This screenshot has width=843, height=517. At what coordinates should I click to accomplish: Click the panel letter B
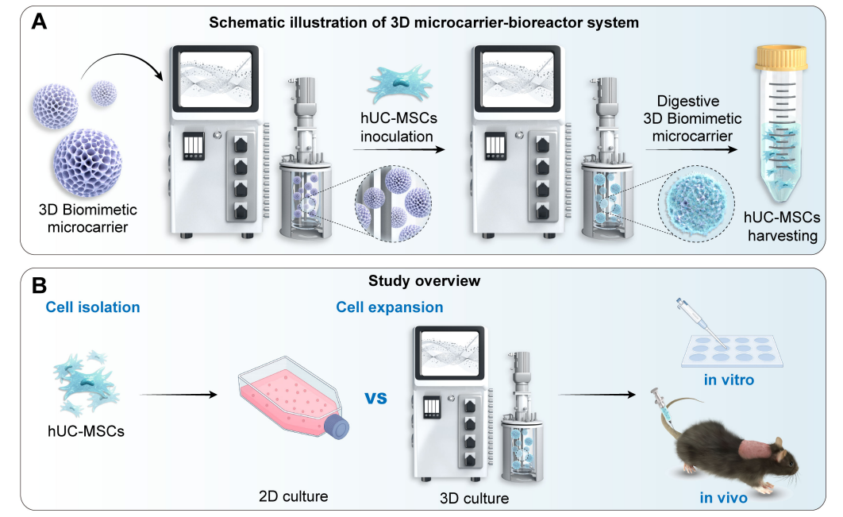point(38,284)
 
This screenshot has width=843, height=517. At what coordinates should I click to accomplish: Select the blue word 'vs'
point(376,395)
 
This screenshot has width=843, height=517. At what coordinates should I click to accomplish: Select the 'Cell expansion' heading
point(389,307)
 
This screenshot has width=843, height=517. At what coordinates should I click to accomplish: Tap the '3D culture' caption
point(474,499)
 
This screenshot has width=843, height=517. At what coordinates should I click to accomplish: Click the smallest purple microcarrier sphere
point(105,93)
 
